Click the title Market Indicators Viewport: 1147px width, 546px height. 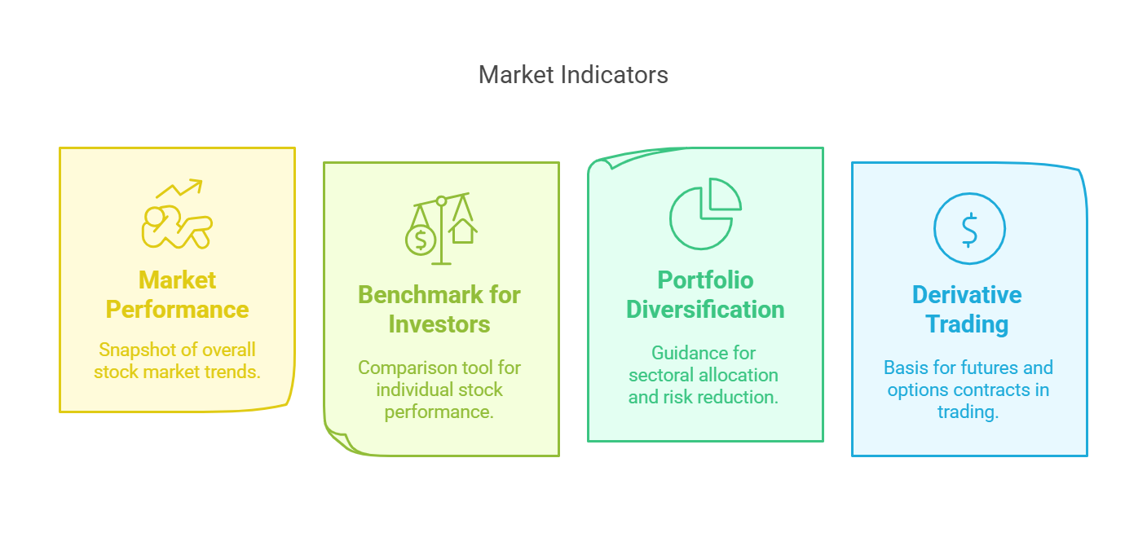pos(573,75)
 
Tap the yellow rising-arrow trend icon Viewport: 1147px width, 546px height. pos(177,214)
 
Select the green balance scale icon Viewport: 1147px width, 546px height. pos(441,228)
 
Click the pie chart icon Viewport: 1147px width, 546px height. pos(705,214)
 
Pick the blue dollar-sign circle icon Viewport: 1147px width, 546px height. pos(969,228)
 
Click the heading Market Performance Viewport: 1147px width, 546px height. pos(177,295)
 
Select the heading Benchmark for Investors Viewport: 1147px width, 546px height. pos(439,310)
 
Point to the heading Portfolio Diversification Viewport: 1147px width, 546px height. pos(705,295)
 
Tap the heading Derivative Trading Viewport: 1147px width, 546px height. pos(967,310)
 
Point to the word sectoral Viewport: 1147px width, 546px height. pos(660,375)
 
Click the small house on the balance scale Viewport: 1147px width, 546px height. pos(463,231)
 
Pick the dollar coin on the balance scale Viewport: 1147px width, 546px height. pos(421,240)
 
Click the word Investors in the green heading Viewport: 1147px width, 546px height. pos(439,324)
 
